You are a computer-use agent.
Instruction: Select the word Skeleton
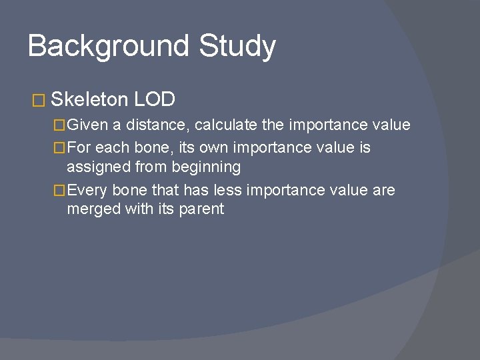click(89, 100)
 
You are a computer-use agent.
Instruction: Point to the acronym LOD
click(155, 100)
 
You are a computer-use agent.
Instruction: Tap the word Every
click(87, 191)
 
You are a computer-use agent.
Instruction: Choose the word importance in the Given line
click(330, 125)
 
